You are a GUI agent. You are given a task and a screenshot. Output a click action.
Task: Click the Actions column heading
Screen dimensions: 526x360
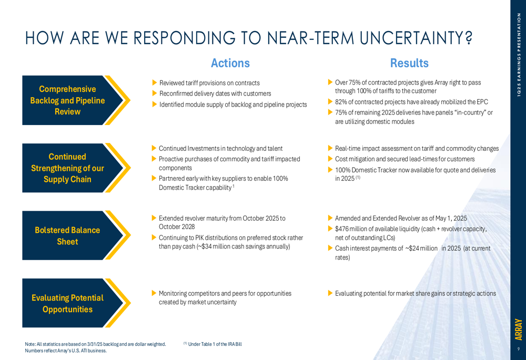point(230,63)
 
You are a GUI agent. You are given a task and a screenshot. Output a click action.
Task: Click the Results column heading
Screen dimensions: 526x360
point(409,63)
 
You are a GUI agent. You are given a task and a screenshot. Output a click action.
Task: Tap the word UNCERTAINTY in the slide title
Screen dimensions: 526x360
point(416,38)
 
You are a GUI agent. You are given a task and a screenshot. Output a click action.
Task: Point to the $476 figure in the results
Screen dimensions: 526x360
point(342,229)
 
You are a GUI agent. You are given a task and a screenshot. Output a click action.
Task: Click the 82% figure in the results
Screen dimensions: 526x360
point(341,102)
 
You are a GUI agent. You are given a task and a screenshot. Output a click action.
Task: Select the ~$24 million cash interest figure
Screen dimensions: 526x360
point(421,249)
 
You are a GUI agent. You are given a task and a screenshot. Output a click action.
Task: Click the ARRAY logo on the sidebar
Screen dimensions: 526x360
point(519,330)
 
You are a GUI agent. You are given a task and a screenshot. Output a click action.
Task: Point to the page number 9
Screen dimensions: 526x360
point(519,349)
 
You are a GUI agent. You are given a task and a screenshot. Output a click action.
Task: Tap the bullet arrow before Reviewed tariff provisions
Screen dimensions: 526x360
point(155,83)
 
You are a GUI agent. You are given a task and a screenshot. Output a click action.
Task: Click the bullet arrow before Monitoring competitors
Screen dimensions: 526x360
point(154,293)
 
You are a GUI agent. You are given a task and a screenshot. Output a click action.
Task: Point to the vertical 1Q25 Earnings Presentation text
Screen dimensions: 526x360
point(519,55)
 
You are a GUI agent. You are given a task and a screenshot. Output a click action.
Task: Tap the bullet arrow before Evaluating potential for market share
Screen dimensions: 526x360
point(330,293)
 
